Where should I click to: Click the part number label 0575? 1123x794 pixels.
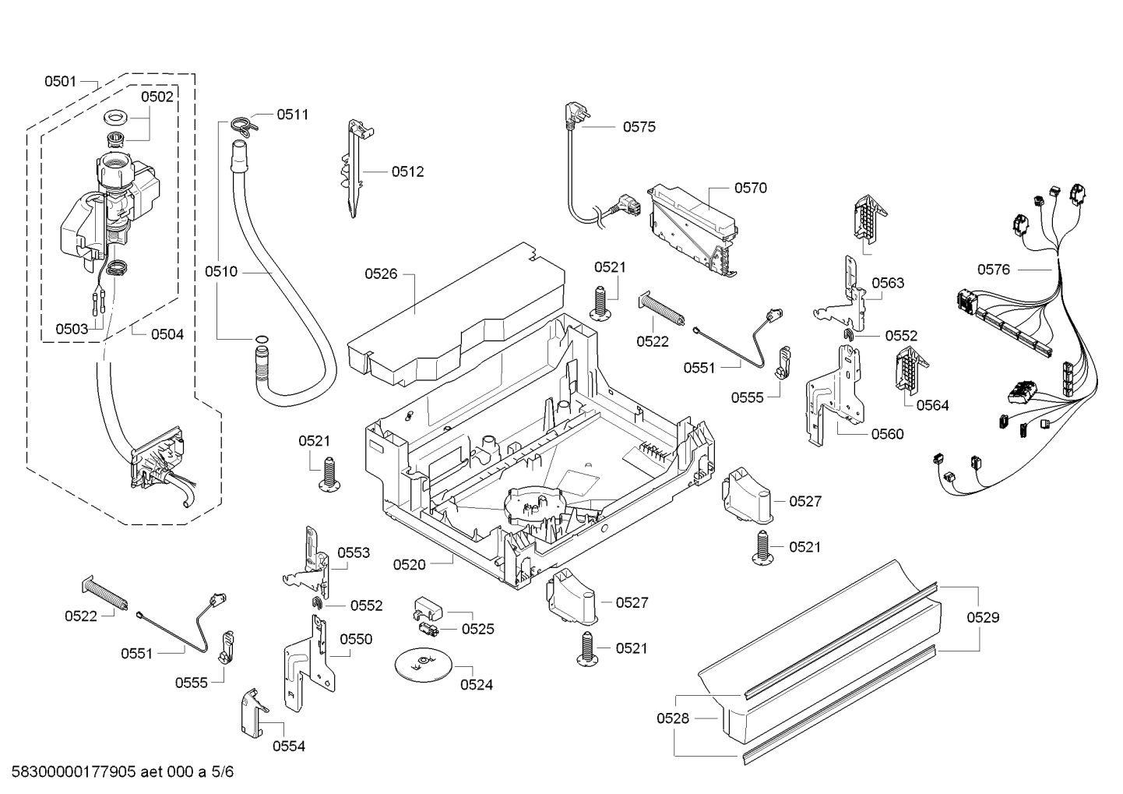[x=639, y=127]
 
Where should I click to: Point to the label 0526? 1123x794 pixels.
[x=381, y=273]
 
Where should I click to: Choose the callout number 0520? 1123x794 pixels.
[x=410, y=564]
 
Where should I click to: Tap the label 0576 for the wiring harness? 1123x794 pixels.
[x=994, y=270]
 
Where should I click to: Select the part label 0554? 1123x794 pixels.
[x=289, y=746]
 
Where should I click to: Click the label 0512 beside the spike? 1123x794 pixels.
[x=407, y=171]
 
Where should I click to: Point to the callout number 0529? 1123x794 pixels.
[x=983, y=617]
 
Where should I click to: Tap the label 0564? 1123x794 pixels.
[x=932, y=405]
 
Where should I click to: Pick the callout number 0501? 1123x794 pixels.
[x=60, y=81]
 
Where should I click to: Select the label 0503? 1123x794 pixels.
[x=72, y=329]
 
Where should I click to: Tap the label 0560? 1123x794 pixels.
[x=888, y=434]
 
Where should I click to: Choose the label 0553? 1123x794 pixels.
[x=354, y=552]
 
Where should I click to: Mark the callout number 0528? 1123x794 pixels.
[x=673, y=718]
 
